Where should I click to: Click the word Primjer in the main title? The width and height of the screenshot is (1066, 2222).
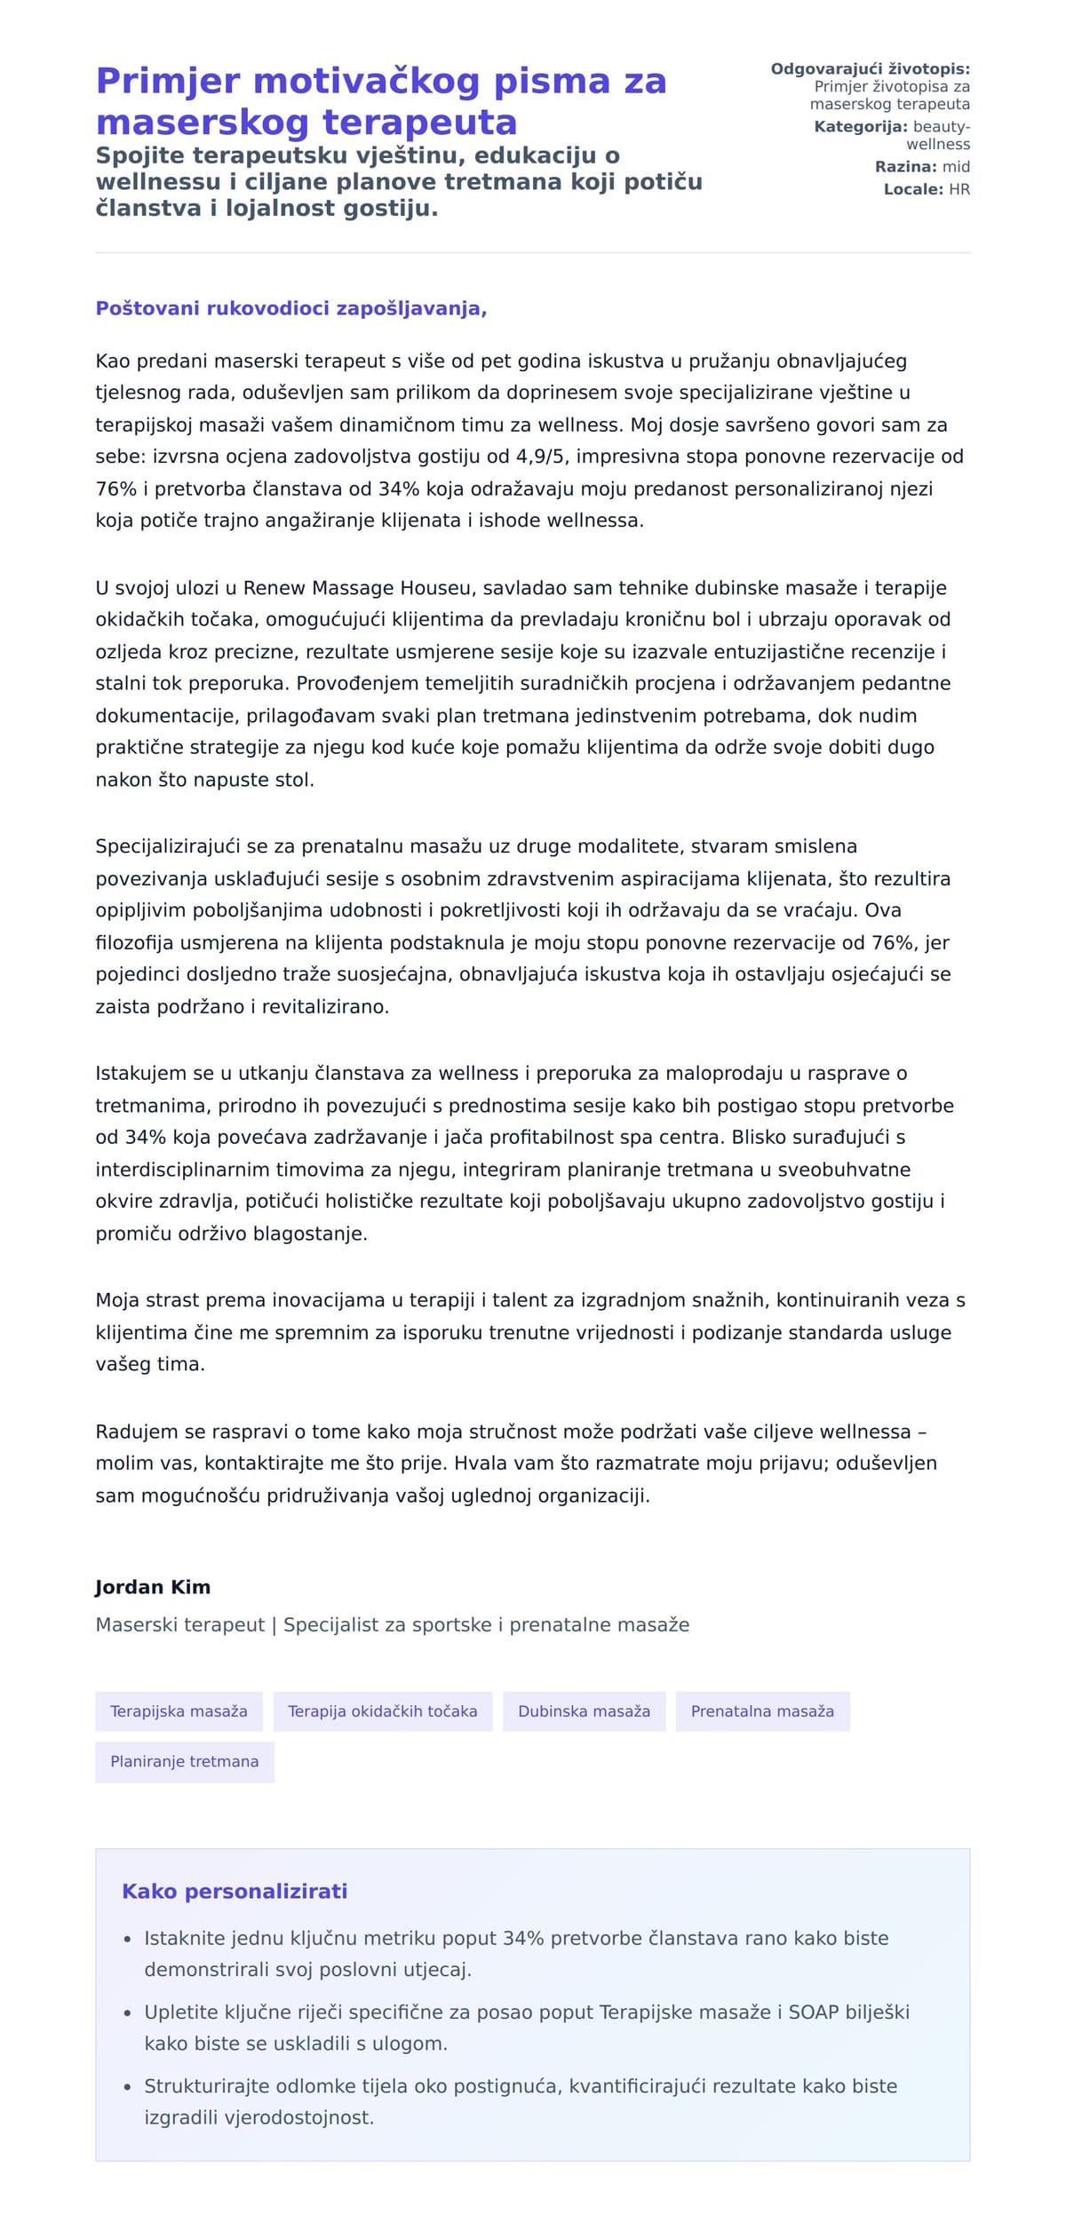pyautogui.click(x=168, y=81)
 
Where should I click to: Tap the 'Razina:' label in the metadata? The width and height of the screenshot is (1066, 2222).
pyautogui.click(x=905, y=167)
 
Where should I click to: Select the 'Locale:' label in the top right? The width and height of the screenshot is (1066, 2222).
pyautogui.click(x=913, y=189)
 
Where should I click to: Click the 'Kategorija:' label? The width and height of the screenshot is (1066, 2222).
pyautogui.click(x=860, y=127)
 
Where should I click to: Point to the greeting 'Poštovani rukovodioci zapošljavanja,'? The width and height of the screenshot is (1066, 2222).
pyautogui.click(x=291, y=308)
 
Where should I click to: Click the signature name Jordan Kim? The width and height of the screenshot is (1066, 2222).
pyautogui.click(x=153, y=1587)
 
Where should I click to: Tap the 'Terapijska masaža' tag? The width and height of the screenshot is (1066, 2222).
pyautogui.click(x=179, y=1711)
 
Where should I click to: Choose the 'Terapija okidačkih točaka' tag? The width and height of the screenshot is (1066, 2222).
pyautogui.click(x=382, y=1711)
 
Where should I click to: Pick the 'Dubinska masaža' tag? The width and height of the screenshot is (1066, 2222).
pyautogui.click(x=584, y=1711)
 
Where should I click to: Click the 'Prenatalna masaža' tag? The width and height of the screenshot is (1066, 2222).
pyautogui.click(x=762, y=1711)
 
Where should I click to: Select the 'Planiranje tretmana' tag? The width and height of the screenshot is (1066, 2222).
pyautogui.click(x=184, y=1762)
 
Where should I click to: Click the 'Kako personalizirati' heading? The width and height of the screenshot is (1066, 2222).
pyautogui.click(x=235, y=1892)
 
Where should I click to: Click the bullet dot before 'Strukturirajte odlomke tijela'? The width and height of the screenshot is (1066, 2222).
pyautogui.click(x=127, y=2087)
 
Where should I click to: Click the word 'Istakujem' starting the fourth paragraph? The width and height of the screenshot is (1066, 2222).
pyautogui.click(x=141, y=1074)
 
